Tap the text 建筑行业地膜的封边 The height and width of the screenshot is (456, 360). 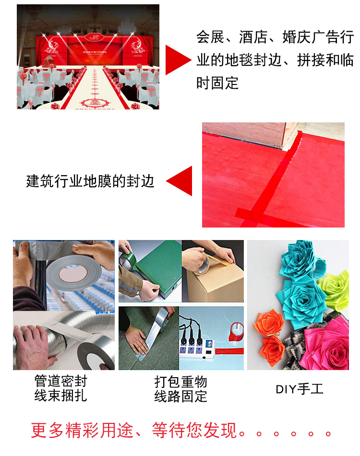(90, 181)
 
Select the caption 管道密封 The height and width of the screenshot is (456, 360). (61, 382)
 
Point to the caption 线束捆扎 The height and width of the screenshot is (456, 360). (61, 396)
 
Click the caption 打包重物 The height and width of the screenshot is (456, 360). (180, 382)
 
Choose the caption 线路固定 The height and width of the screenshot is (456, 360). (180, 396)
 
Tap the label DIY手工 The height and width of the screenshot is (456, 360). (300, 389)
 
